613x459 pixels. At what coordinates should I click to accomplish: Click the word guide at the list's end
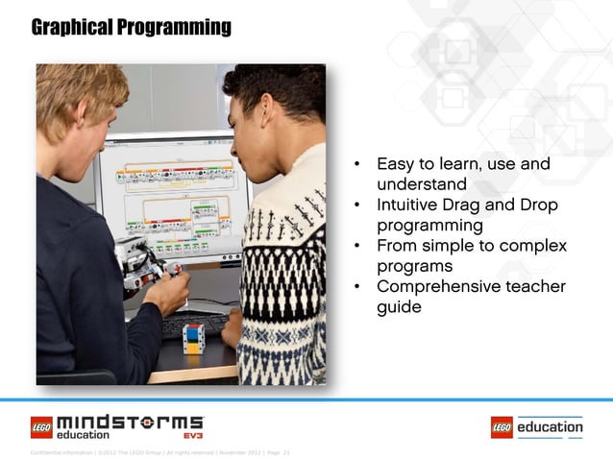(399, 307)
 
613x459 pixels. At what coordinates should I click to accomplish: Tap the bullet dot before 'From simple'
(356, 247)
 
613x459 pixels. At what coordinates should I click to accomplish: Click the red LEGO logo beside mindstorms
(41, 423)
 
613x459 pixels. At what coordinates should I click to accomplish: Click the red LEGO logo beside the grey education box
(502, 426)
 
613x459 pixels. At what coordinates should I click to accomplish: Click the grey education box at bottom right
(551, 426)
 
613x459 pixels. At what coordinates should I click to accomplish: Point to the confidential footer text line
(154, 451)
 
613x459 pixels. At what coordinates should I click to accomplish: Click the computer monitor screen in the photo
(173, 192)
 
